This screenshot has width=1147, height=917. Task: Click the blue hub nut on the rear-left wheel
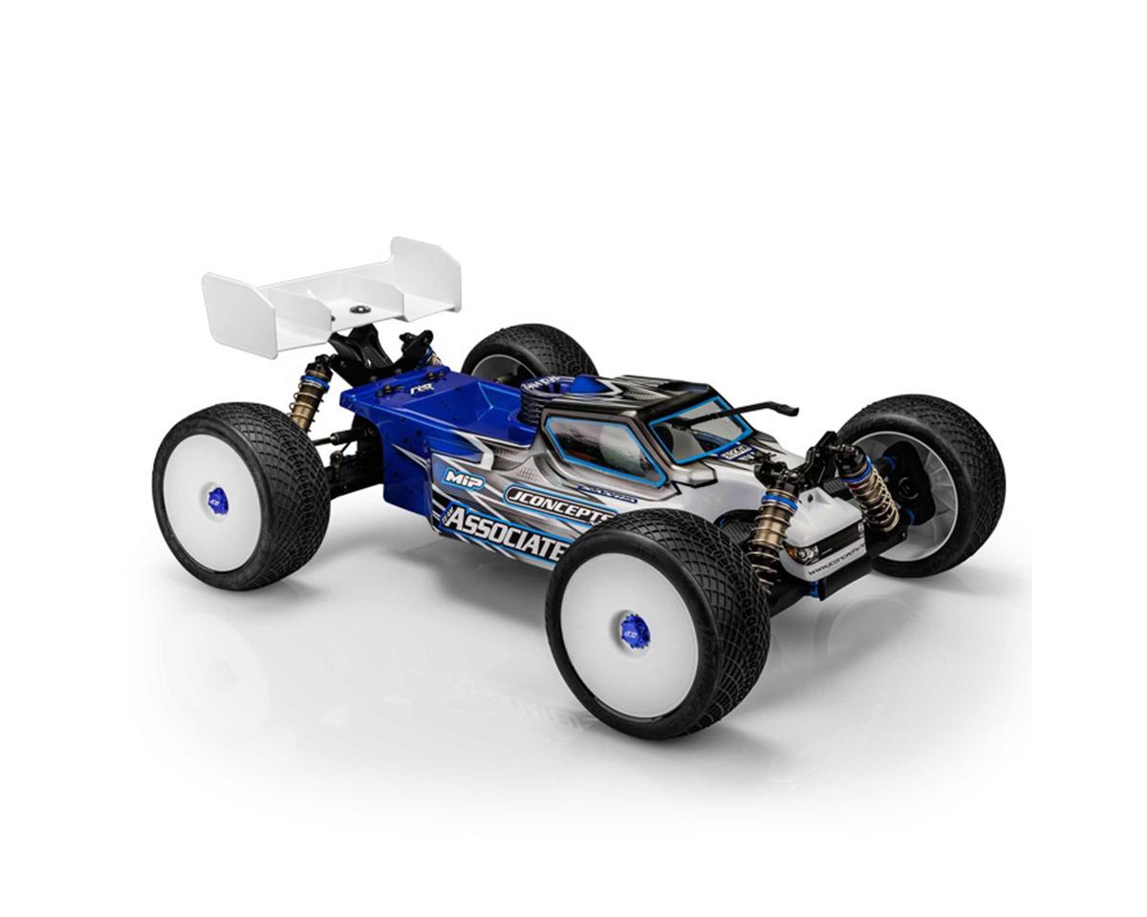coord(217,498)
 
